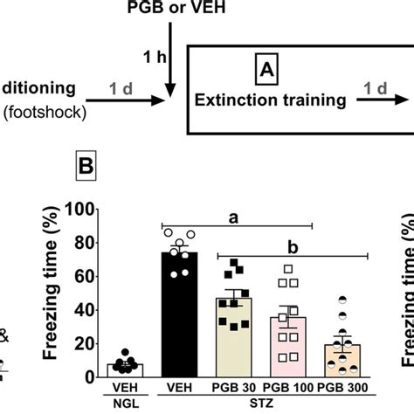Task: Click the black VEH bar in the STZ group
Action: click(179, 314)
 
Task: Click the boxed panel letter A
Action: click(264, 68)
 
